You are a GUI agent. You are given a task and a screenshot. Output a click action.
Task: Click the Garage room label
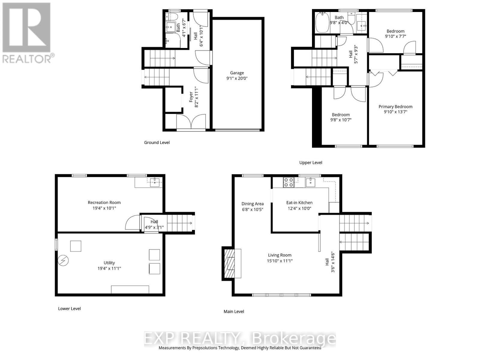click(x=237, y=73)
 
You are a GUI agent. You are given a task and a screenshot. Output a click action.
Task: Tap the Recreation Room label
click(x=104, y=202)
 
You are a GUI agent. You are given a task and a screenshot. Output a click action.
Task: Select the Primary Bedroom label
click(x=395, y=107)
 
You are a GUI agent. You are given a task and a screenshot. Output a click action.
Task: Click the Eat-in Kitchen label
click(x=299, y=203)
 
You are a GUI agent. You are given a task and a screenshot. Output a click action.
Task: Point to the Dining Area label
click(x=252, y=204)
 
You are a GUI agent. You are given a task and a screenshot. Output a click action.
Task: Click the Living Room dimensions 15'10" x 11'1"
click(x=280, y=261)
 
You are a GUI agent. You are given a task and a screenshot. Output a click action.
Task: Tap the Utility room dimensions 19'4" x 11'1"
click(x=109, y=268)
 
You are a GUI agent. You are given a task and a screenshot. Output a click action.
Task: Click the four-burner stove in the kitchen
click(x=289, y=182)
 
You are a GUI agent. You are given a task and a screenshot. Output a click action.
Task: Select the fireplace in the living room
click(x=231, y=264)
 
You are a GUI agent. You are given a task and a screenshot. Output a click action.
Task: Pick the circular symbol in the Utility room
click(x=63, y=261)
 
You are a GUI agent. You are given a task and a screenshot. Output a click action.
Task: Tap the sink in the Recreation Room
click(x=155, y=182)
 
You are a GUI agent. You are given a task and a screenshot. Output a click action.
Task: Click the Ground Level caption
click(x=157, y=142)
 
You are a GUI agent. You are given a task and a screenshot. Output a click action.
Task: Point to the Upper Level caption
click(x=310, y=163)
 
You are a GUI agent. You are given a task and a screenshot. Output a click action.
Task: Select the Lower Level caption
click(x=69, y=308)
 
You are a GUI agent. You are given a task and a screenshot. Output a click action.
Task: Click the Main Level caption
click(x=234, y=311)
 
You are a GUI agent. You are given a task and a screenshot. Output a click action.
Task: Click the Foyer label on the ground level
click(x=191, y=97)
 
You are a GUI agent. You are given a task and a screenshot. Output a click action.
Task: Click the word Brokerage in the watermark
click(x=294, y=339)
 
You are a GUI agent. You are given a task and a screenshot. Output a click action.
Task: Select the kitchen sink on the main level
click(x=310, y=182)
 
